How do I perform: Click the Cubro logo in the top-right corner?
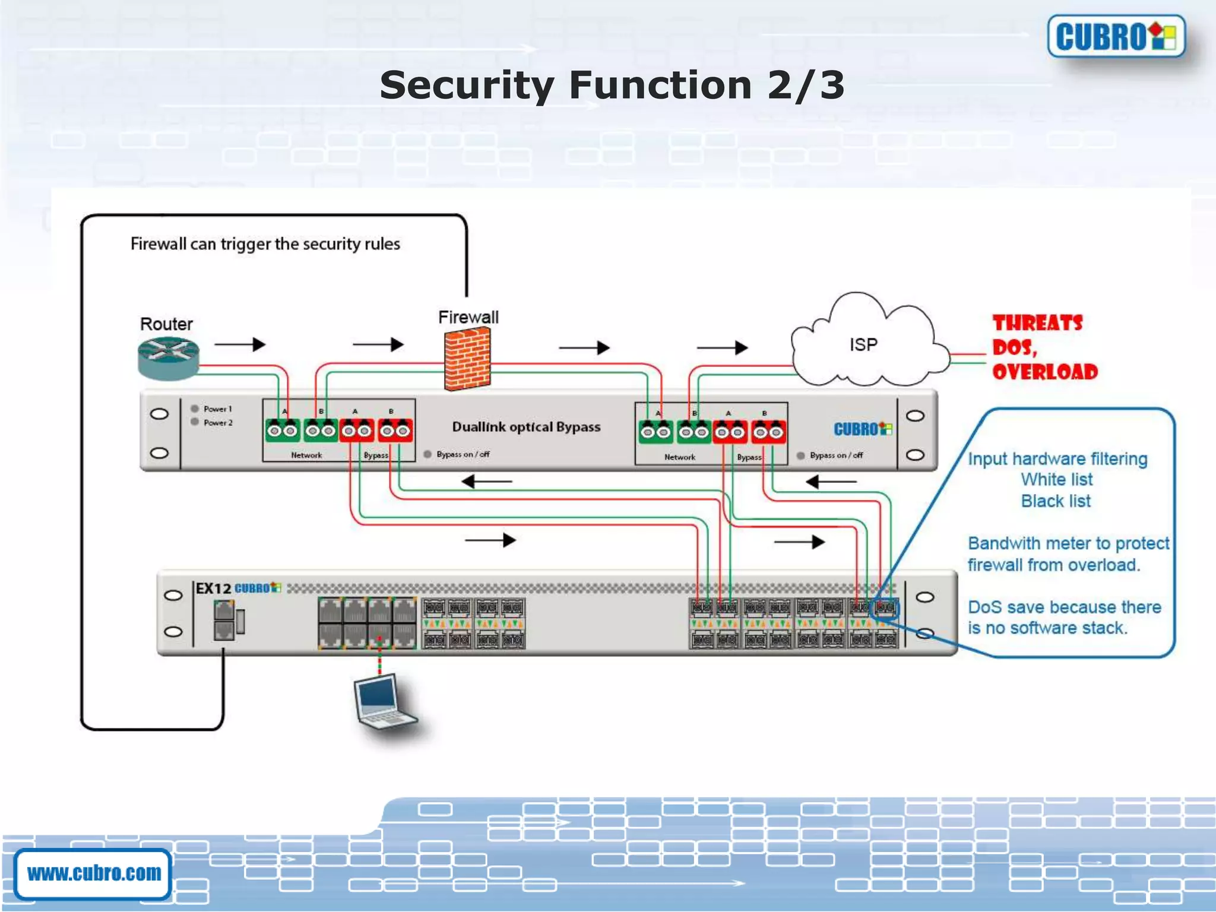[1116, 36]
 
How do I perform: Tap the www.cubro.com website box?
[94, 873]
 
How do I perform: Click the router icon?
[168, 358]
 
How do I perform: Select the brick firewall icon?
[467, 359]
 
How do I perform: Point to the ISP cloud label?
[863, 344]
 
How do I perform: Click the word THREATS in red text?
[1037, 323]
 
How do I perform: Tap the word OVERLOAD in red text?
[1045, 372]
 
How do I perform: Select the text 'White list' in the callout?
[1056, 479]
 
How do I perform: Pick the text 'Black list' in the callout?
[1055, 501]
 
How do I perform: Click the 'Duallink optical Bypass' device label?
[526, 427]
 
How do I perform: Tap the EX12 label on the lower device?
[213, 588]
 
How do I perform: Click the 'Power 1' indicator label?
[217, 409]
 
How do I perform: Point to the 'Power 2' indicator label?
[217, 423]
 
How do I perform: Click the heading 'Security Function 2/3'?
[612, 85]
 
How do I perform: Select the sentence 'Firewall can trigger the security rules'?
[265, 244]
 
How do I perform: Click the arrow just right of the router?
[239, 344]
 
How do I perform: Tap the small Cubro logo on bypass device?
[862, 429]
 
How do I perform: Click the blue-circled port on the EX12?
[885, 607]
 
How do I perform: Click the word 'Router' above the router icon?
[166, 324]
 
